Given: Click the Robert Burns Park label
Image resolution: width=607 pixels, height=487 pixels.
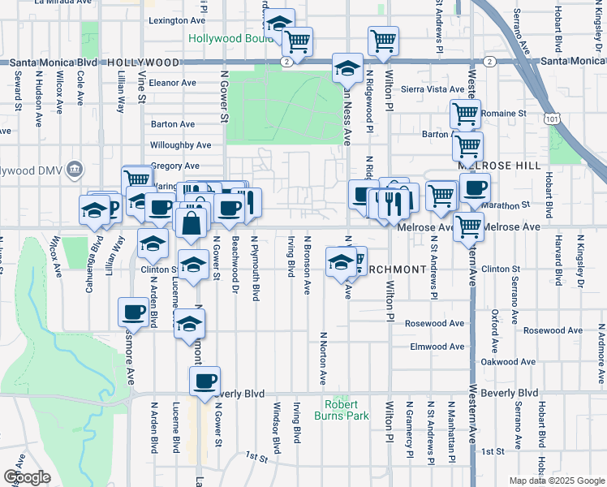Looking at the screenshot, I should pyautogui.click(x=347, y=410).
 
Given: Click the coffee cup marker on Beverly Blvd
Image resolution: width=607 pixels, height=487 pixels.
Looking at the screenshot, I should pyautogui.click(x=205, y=380).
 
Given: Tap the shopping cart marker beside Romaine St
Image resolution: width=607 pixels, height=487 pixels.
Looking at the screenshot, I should pyautogui.click(x=465, y=114).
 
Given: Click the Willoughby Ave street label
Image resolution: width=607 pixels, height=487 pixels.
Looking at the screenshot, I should pyautogui.click(x=180, y=145).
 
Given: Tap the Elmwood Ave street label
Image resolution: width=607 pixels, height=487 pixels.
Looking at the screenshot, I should pyautogui.click(x=437, y=347).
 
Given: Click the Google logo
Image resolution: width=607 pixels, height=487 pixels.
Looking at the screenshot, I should pyautogui.click(x=27, y=477).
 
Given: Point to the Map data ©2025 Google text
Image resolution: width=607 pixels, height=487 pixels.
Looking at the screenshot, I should pyautogui.click(x=556, y=481).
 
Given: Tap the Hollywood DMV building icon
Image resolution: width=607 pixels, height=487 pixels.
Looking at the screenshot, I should pyautogui.click(x=75, y=169).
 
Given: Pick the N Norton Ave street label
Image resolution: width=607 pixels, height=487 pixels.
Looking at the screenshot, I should pyautogui.click(x=323, y=357).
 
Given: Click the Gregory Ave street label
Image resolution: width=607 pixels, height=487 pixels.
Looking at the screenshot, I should pyautogui.click(x=175, y=166).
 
